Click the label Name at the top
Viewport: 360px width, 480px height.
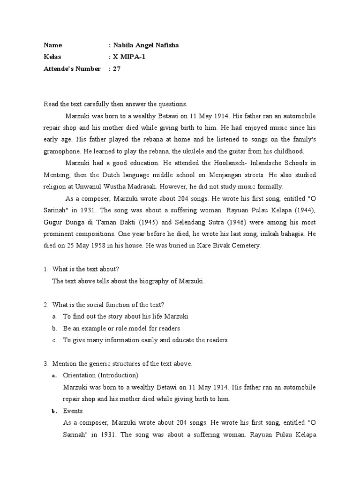(x=52, y=45)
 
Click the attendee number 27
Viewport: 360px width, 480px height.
(x=117, y=69)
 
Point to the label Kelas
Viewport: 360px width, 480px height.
(x=52, y=57)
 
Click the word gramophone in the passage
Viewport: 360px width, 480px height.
(x=62, y=151)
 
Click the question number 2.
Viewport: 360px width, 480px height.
(x=46, y=305)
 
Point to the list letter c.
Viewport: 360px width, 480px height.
(x=54, y=340)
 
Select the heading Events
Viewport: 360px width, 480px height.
(x=73, y=411)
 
